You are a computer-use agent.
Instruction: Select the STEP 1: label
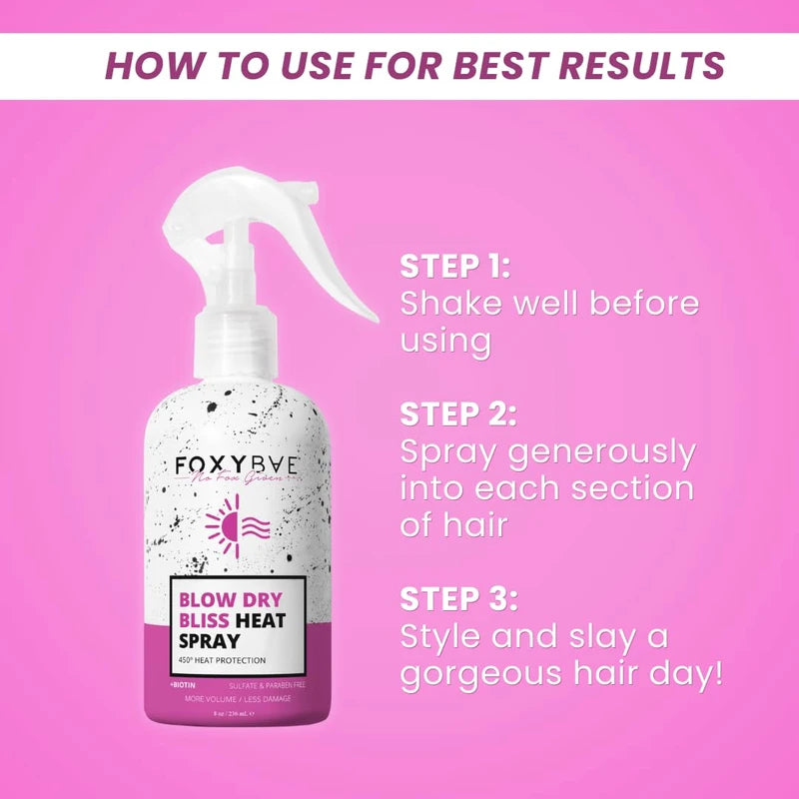pyautogui.click(x=455, y=267)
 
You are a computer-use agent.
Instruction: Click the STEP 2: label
pyautogui.click(x=458, y=413)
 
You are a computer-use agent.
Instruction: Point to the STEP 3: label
pyautogui.click(x=458, y=599)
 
